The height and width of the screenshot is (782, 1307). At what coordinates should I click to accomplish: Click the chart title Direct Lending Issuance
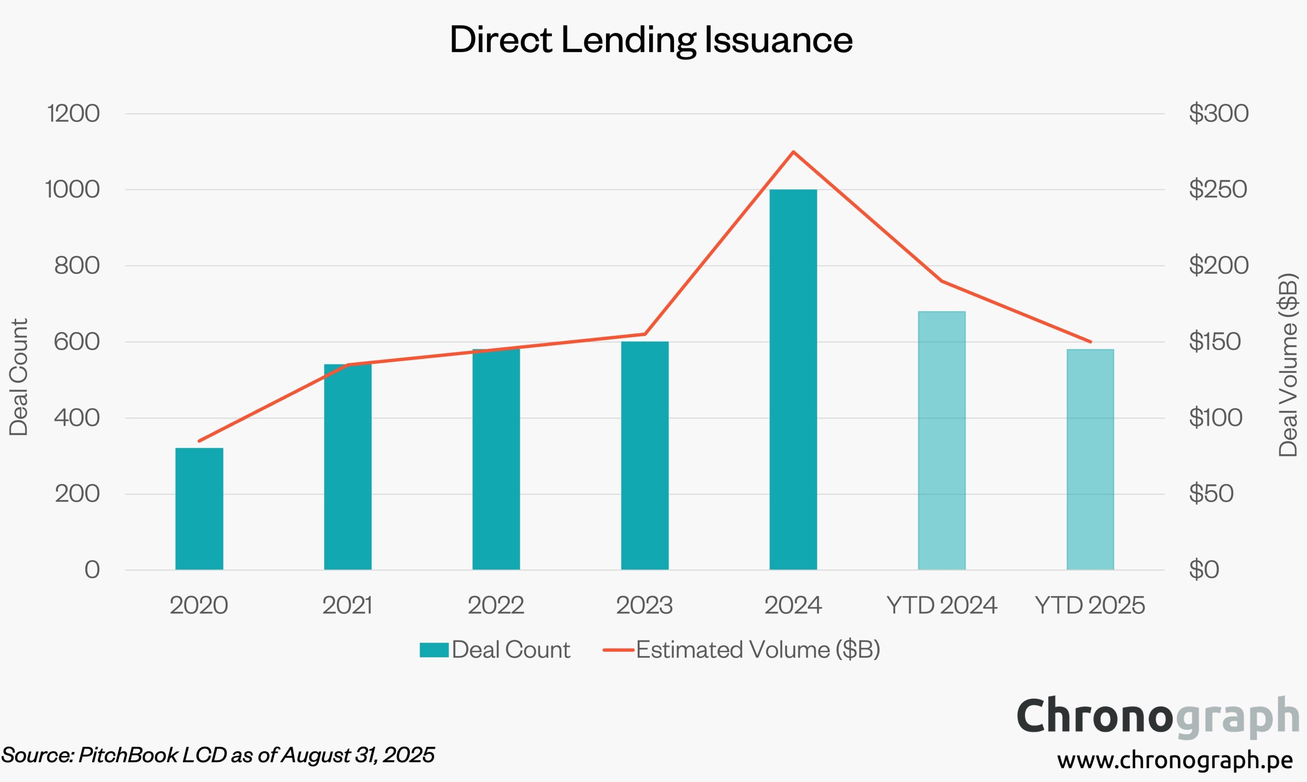tap(651, 40)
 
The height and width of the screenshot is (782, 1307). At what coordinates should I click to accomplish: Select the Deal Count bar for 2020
tap(199, 508)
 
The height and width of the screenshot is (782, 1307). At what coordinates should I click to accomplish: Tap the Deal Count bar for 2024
tap(793, 379)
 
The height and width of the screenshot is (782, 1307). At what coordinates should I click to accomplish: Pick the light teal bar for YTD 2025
tap(1090, 459)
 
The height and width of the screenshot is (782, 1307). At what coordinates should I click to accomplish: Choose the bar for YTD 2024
tap(941, 440)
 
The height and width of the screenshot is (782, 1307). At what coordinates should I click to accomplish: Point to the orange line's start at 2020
tap(199, 441)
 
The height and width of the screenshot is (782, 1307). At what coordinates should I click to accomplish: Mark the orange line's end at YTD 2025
tap(1090, 342)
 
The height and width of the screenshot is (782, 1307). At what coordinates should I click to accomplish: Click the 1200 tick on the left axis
tap(73, 113)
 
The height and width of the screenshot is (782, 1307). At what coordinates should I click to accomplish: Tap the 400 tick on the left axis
tap(77, 418)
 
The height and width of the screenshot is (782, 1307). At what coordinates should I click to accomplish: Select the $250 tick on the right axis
tap(1217, 189)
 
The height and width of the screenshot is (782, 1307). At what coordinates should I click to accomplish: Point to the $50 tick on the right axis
tap(1211, 494)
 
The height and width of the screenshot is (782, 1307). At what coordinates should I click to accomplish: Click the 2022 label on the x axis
tap(496, 605)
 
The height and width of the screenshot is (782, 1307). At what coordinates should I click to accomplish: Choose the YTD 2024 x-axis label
tap(941, 605)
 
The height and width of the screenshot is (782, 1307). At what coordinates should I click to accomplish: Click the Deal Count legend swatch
tap(434, 650)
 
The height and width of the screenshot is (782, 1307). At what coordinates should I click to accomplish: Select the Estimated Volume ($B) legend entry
tap(758, 650)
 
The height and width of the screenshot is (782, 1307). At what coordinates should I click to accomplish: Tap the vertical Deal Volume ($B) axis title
tap(1288, 365)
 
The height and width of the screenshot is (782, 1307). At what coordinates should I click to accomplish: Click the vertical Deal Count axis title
tap(19, 377)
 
